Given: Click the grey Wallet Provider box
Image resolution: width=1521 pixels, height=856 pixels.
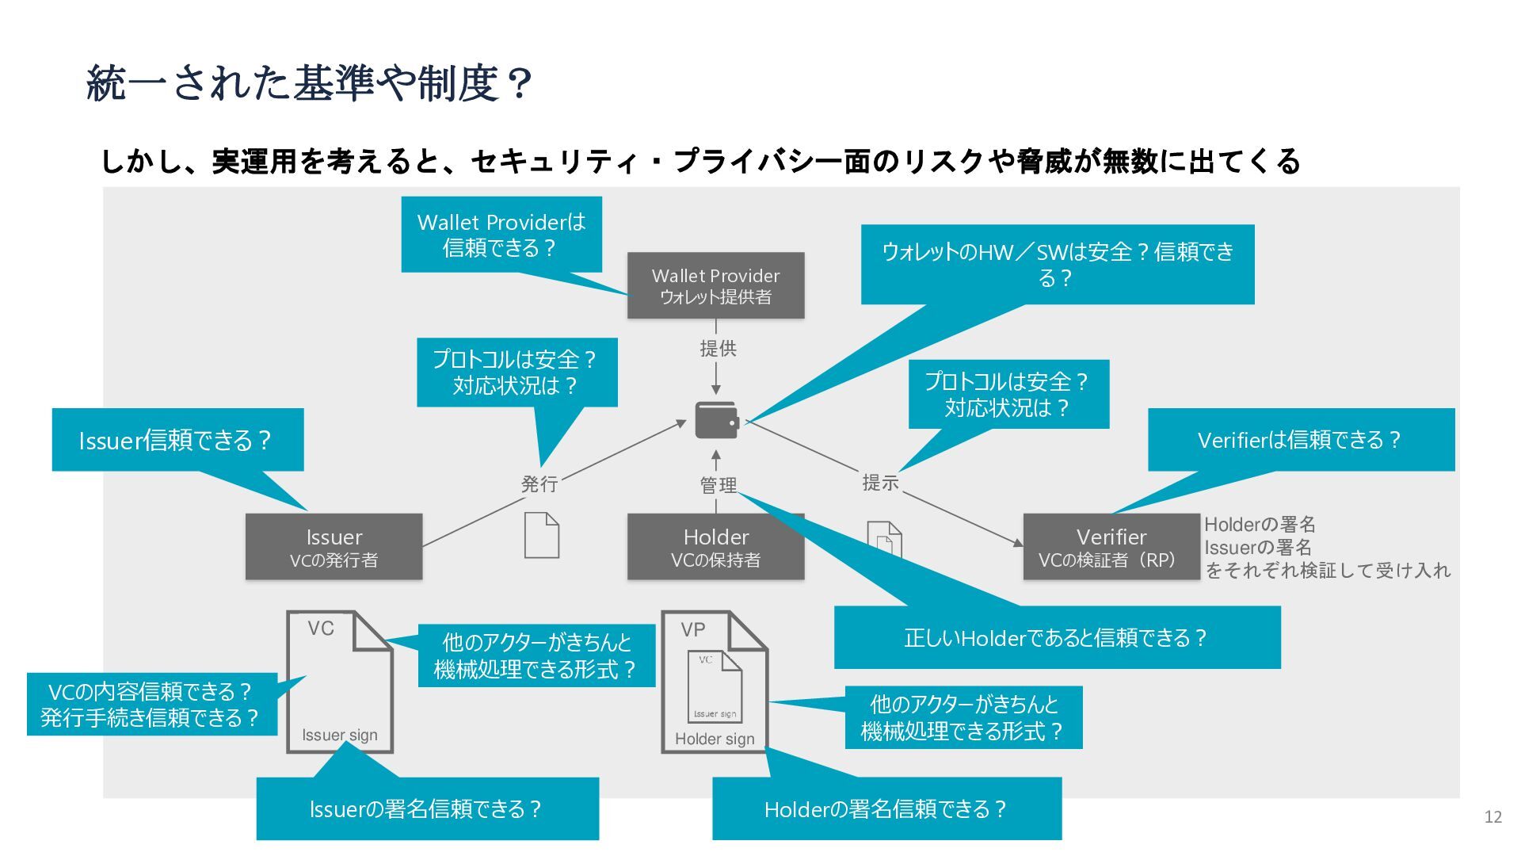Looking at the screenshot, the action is point(715,285).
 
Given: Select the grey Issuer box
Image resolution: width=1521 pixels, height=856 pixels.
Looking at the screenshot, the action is point(334,546).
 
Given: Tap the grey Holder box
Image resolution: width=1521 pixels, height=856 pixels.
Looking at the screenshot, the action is point(715,546).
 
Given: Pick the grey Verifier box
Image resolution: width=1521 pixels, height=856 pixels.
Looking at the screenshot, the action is point(1111,546).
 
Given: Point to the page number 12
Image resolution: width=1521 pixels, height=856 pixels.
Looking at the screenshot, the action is point(1492,817).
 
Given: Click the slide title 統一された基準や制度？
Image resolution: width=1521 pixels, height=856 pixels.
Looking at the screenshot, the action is point(308,83).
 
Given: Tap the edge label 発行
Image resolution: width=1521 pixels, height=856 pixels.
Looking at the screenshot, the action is point(539,483).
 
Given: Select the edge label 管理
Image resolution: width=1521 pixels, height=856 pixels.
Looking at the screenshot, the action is point(718,485).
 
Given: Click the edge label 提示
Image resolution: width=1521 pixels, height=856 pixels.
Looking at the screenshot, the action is point(880,482).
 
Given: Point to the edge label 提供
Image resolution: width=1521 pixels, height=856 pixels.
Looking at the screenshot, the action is point(718,348).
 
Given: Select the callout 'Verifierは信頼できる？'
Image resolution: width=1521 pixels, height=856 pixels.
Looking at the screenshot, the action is point(1301,440).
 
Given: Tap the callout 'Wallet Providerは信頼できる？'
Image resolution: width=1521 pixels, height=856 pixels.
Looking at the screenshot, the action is point(501,235).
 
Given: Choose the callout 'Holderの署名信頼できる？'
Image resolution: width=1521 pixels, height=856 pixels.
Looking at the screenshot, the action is point(886,808).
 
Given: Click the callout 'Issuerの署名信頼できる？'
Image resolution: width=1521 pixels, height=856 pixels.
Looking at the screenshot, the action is point(427,808).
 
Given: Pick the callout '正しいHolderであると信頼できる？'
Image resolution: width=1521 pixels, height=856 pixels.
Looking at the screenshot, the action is point(1057,637).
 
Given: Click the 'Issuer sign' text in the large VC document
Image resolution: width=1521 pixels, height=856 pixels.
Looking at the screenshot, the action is point(340,735).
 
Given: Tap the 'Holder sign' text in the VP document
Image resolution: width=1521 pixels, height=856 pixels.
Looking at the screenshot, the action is point(715,739).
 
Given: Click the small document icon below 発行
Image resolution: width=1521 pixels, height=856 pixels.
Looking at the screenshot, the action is point(542,535).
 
